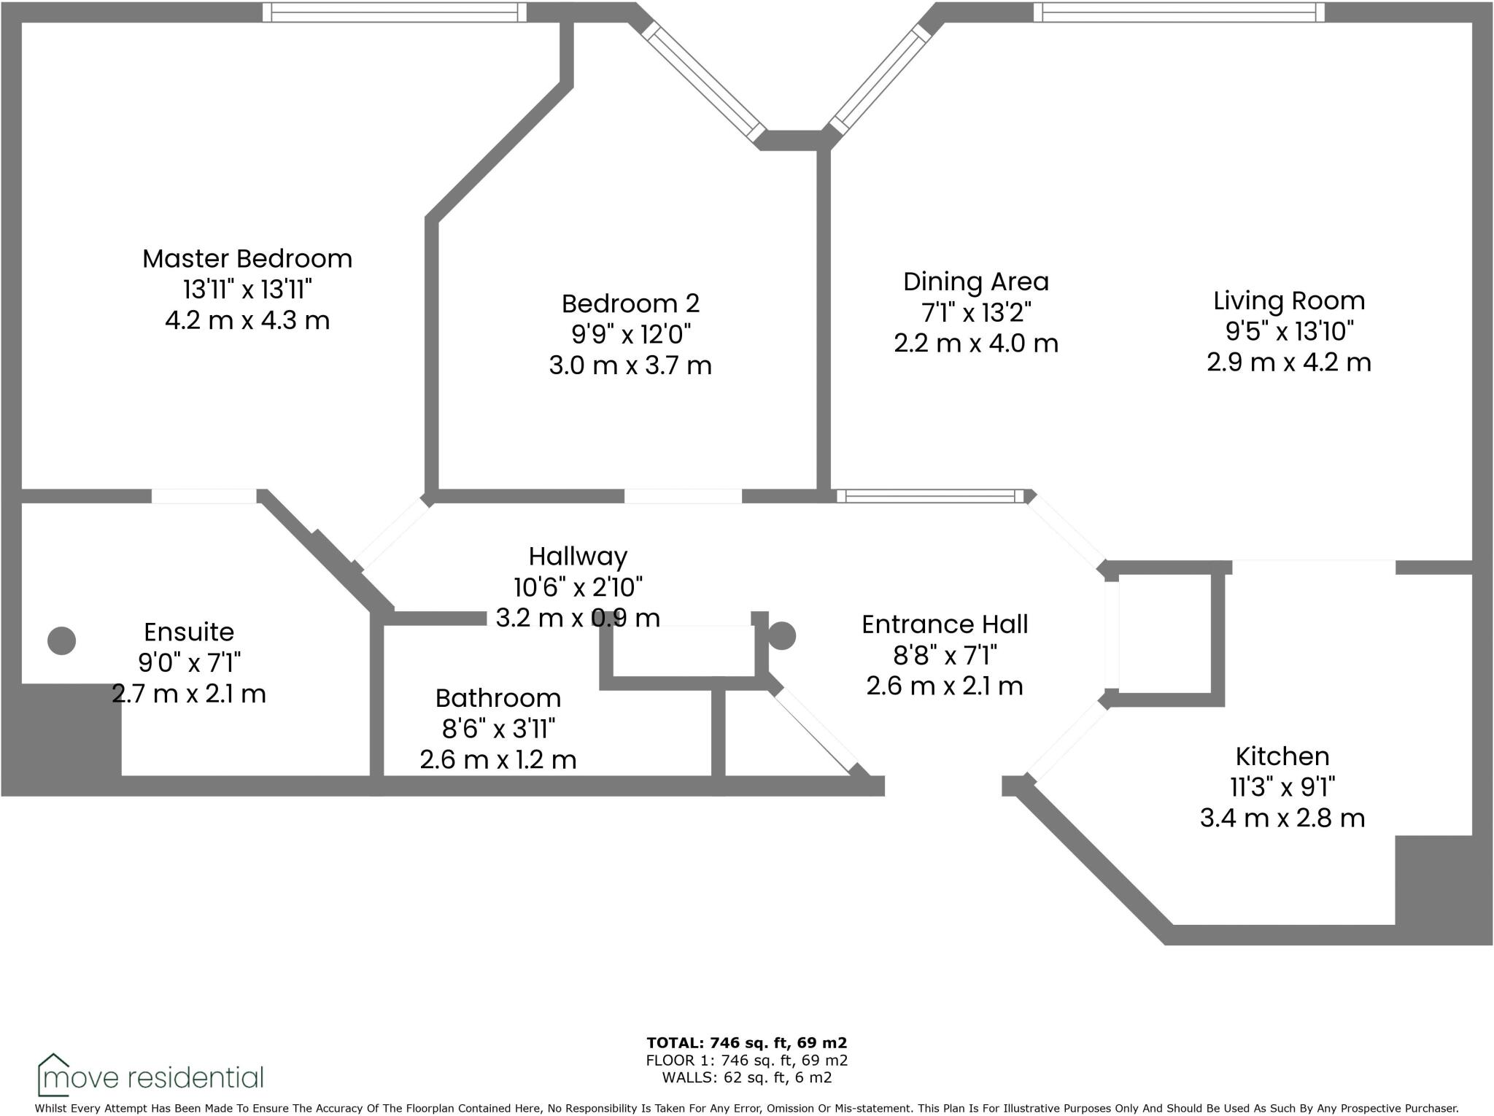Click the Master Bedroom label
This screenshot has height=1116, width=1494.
(247, 259)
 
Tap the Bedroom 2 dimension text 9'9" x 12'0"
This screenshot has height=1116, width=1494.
(630, 334)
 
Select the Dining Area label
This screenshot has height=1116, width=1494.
(975, 282)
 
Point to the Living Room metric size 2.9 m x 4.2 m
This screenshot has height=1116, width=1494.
(1288, 363)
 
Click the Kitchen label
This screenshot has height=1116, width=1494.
(1282, 756)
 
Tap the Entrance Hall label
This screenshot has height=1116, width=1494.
(944, 624)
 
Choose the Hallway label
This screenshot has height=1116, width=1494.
(578, 557)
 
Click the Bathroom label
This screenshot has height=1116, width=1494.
(498, 698)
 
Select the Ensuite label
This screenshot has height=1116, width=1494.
(189, 632)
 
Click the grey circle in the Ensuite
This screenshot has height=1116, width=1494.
(62, 640)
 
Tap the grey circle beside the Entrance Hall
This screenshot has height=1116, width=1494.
(782, 635)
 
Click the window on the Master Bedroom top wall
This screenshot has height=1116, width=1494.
(394, 12)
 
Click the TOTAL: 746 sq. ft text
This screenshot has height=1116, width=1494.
(746, 1043)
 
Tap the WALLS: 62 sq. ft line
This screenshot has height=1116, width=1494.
(746, 1077)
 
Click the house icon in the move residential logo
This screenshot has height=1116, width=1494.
(54, 1074)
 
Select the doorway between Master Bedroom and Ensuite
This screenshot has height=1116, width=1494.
(204, 496)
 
